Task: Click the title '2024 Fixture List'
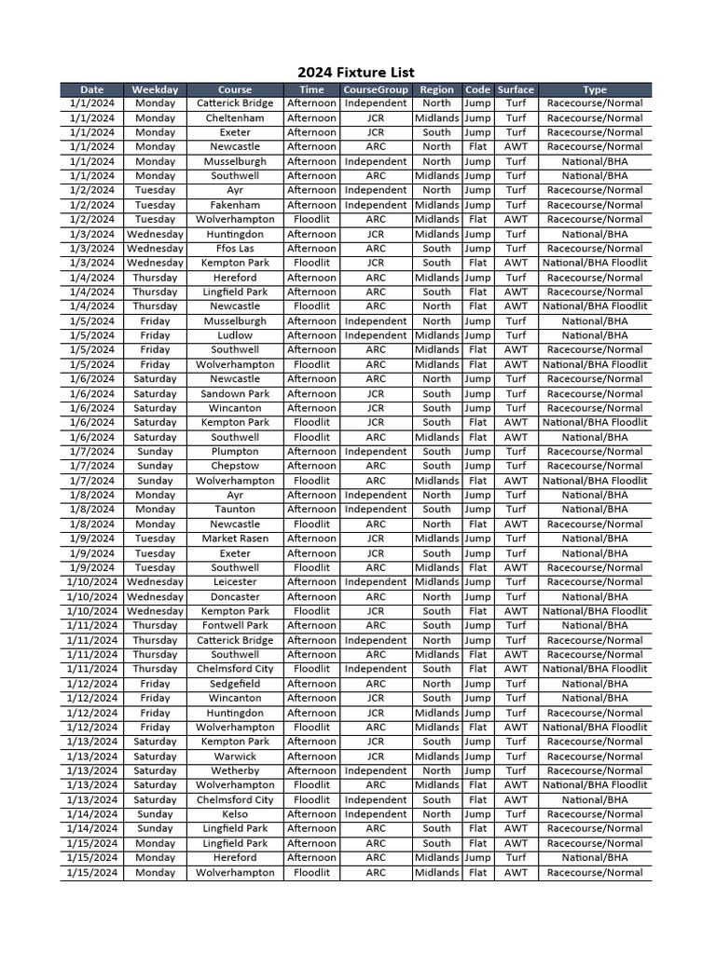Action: [356, 73]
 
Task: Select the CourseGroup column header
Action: [375, 89]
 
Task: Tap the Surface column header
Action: [516, 89]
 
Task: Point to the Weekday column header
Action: [155, 89]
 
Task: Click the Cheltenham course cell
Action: [235, 118]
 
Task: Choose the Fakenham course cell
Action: [235, 205]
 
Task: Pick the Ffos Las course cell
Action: [235, 249]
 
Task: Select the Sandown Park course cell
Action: [235, 394]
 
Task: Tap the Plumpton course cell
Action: [235, 452]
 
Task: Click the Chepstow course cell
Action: [235, 466]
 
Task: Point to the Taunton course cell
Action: [235, 510]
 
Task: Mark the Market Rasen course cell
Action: [235, 538]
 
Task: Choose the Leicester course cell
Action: [235, 582]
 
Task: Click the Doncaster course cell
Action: [235, 597]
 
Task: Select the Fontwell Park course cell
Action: [235, 626]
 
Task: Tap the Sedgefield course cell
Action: [235, 684]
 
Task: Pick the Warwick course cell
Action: [235, 756]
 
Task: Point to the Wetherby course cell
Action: [235, 771]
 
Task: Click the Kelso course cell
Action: [235, 814]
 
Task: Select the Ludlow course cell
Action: [235, 335]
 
